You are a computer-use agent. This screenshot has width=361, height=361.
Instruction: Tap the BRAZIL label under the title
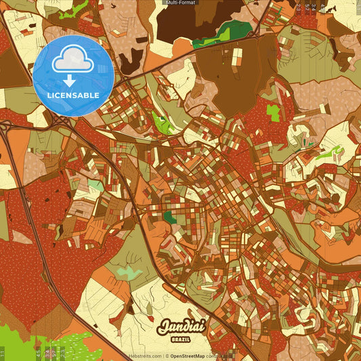[180, 338]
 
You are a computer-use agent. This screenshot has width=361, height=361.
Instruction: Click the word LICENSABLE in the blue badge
[74, 95]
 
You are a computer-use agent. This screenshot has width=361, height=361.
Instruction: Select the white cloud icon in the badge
[74, 60]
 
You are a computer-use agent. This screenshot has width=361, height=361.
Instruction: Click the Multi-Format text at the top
[180, 3]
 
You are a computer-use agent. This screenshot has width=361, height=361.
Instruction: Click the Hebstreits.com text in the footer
[145, 356]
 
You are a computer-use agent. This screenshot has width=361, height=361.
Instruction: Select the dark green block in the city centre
[169, 217]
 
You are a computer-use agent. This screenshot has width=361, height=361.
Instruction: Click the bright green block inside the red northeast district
[273, 112]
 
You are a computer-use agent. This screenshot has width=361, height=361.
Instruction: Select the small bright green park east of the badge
[161, 123]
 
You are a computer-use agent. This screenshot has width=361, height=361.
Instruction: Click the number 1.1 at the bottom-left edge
[3, 353]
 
